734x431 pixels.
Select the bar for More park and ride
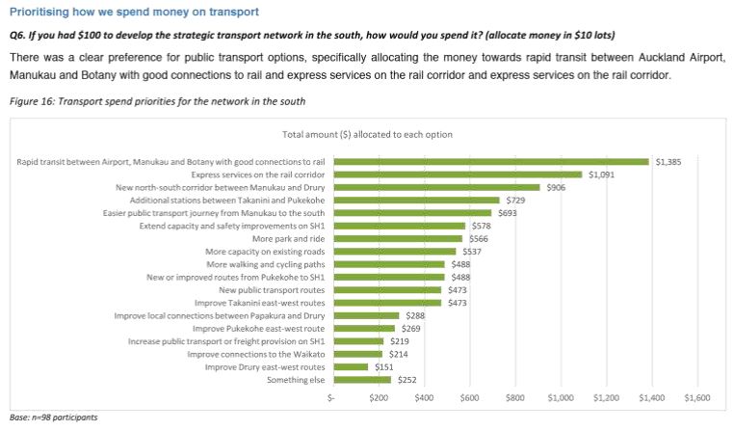(397, 238)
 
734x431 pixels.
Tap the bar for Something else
(360, 380)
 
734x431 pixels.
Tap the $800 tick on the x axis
(514, 397)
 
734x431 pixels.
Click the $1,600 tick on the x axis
(696, 397)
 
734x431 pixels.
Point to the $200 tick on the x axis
(378, 397)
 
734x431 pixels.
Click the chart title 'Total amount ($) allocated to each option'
(367, 134)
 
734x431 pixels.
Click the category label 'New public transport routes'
(273, 289)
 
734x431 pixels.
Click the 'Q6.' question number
(18, 34)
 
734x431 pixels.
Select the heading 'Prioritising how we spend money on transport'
(134, 12)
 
